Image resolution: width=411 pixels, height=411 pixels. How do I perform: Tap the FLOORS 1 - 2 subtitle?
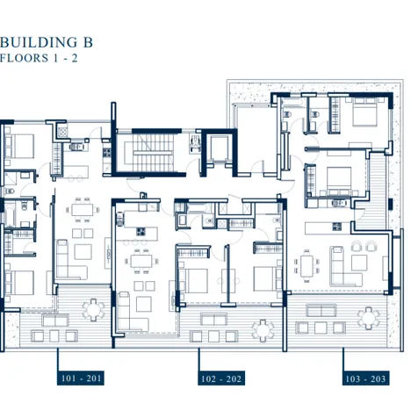tap(39, 58)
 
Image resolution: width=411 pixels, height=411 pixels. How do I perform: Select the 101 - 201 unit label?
tap(81, 379)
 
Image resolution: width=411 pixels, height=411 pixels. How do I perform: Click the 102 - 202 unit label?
tap(221, 379)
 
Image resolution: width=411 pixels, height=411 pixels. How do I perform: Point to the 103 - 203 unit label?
tap(365, 379)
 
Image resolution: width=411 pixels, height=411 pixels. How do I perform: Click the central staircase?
tap(152, 152)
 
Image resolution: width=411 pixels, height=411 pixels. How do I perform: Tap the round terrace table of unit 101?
tap(93, 310)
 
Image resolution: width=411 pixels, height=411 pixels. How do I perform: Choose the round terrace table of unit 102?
tap(263, 331)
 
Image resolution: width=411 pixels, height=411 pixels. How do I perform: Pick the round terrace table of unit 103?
tap(368, 318)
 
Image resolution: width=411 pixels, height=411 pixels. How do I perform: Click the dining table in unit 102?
tap(141, 262)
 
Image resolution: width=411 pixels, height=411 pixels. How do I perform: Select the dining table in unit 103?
tap(306, 265)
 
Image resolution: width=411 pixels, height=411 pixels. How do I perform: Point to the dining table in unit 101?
tap(83, 210)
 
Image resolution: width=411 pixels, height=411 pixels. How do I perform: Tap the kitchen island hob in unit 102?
tap(141, 232)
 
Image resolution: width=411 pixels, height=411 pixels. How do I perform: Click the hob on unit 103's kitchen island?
tap(336, 227)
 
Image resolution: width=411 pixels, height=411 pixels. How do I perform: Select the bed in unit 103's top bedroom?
tap(364, 112)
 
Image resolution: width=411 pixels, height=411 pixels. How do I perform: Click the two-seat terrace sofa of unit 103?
tap(321, 310)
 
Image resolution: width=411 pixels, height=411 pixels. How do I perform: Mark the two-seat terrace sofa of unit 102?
tap(214, 320)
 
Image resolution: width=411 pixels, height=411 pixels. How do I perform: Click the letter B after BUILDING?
tap(88, 42)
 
